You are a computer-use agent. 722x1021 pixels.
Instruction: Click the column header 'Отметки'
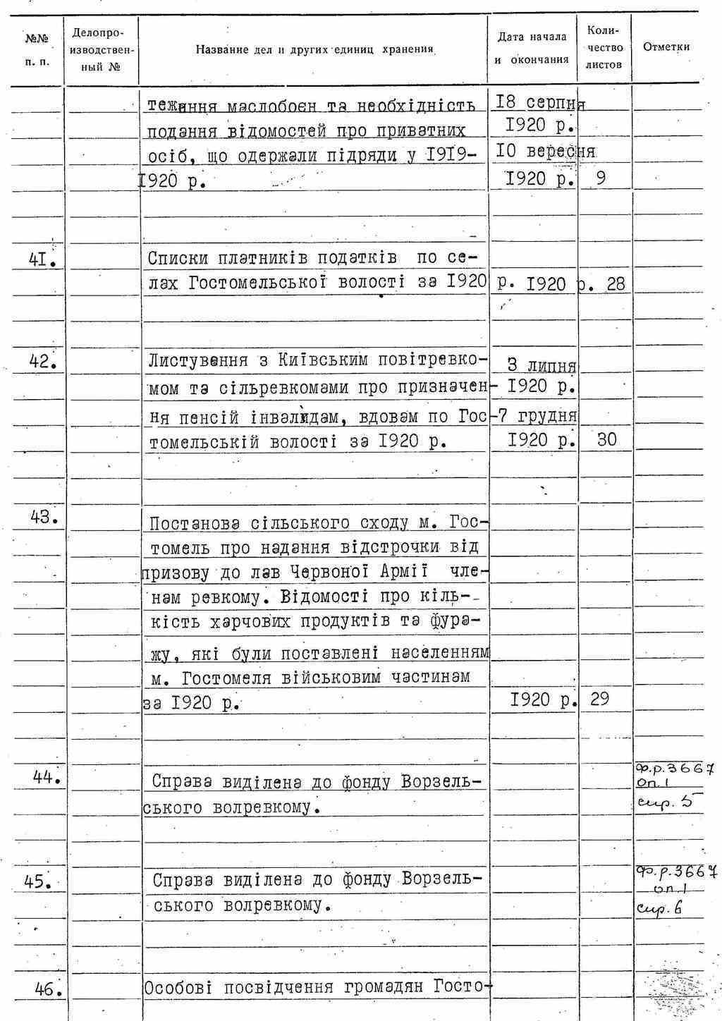tap(666, 47)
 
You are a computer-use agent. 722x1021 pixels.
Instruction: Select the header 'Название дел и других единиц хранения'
tap(314, 50)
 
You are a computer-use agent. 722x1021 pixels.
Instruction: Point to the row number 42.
tap(42, 361)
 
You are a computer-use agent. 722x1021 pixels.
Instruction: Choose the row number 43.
tap(44, 518)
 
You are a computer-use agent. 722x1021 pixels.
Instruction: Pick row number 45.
tap(44, 881)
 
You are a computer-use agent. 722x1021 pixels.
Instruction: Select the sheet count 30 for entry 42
tap(606, 440)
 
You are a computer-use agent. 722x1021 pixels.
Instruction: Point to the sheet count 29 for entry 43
tap(599, 699)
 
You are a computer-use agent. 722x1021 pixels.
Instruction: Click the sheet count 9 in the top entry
tap(600, 178)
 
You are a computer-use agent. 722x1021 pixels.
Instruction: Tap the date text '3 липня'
tap(541, 365)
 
